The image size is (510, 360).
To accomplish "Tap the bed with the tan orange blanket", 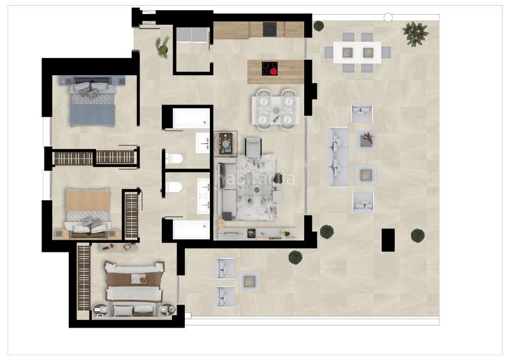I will click(88, 207).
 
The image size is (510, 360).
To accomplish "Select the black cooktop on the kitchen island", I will click(270, 68).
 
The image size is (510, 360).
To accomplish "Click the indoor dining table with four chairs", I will click(275, 110).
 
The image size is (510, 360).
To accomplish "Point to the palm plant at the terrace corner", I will click(416, 33).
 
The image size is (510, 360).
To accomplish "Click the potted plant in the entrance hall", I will click(163, 47).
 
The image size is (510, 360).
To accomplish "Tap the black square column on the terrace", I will click(388, 239).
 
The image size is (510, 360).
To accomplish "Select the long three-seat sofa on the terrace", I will click(337, 157).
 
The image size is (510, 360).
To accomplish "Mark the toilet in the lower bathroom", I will click(173, 185).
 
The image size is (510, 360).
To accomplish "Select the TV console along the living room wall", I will click(258, 233).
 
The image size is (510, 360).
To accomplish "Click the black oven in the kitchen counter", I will click(269, 30).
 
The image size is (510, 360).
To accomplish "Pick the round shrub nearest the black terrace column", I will click(418, 235).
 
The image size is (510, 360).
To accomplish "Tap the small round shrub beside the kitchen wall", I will click(318, 26).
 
